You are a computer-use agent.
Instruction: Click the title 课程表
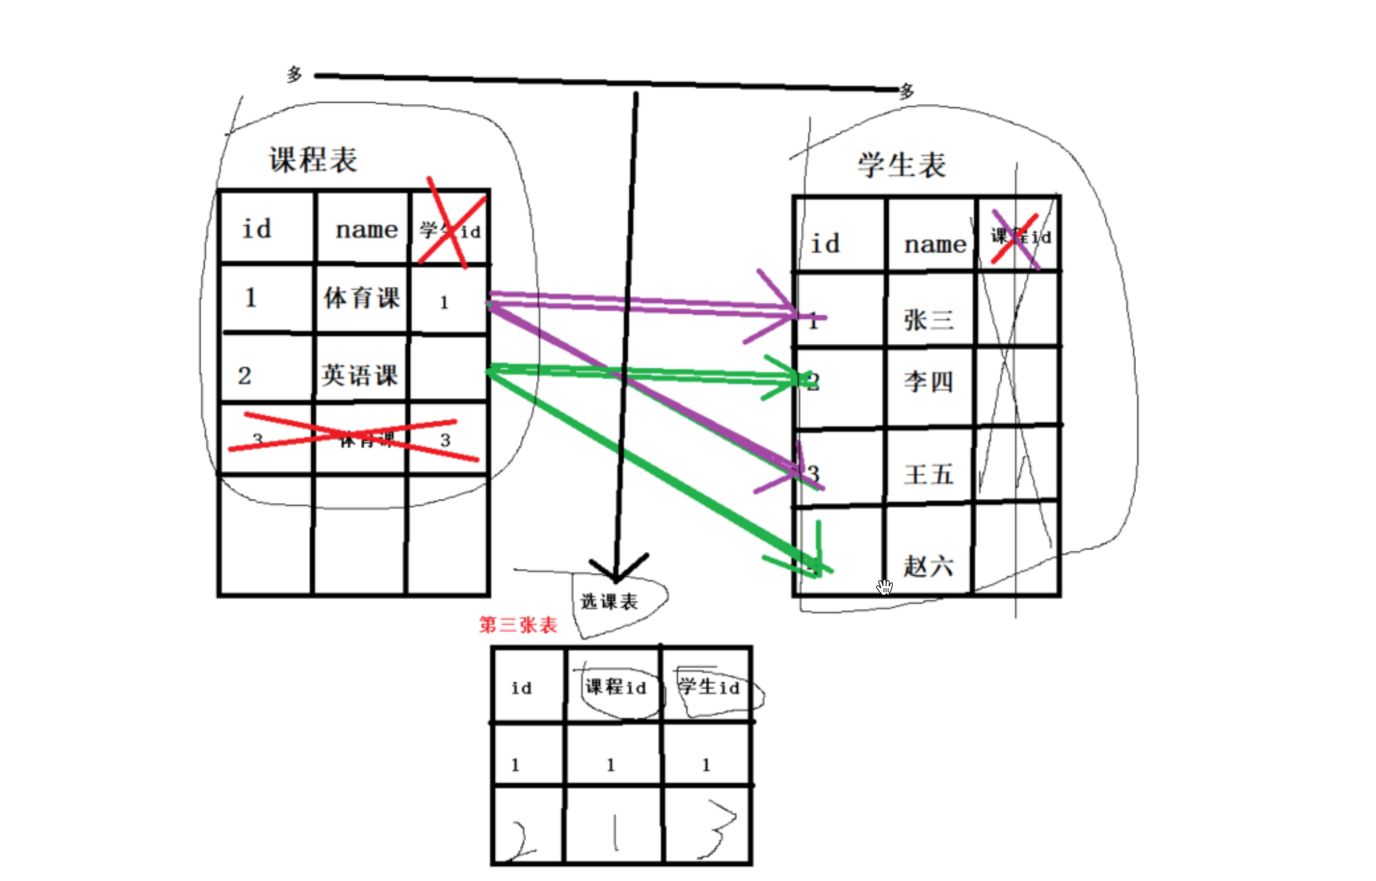click(313, 160)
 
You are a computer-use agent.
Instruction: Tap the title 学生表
click(901, 165)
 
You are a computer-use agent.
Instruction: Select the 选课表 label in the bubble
click(609, 602)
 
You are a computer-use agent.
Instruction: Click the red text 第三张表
click(518, 625)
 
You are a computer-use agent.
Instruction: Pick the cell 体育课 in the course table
click(362, 298)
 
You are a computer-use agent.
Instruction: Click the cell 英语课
click(360, 375)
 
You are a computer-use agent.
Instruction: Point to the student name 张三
click(929, 319)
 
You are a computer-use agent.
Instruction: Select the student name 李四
click(929, 382)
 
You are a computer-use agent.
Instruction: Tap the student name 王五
click(929, 474)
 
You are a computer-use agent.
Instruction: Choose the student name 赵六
click(929, 566)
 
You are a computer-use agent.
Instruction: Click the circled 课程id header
click(615, 687)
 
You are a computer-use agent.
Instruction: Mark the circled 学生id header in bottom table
click(709, 687)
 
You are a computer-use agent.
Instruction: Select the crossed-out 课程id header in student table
click(1020, 237)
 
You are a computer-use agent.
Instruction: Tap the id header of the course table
click(257, 229)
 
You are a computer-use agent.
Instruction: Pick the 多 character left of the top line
click(294, 74)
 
